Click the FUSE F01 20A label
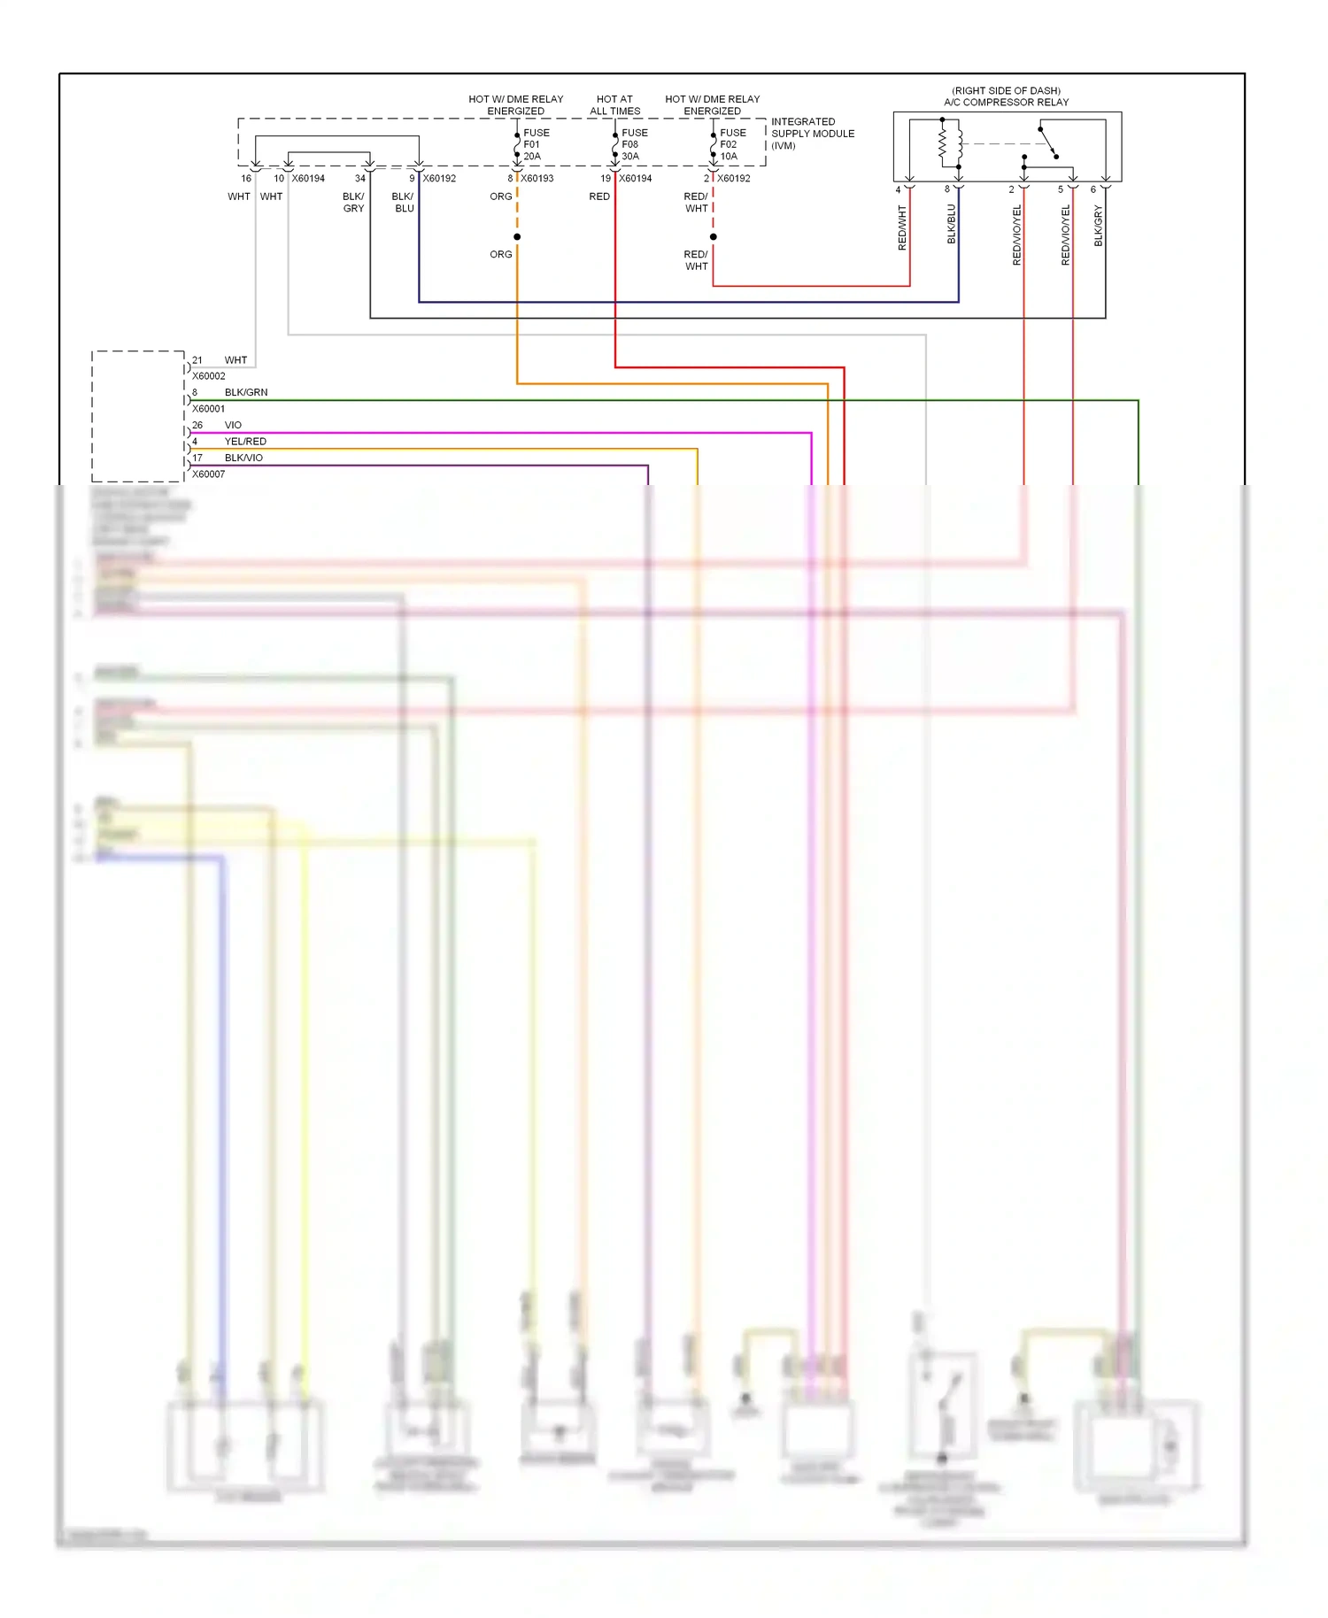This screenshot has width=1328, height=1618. (536, 144)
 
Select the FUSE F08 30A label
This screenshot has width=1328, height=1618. (634, 144)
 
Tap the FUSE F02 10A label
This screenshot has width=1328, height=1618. (732, 144)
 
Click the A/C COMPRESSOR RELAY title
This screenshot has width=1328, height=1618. (1006, 102)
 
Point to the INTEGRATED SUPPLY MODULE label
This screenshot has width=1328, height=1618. (812, 134)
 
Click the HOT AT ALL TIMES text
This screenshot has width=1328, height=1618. (614, 105)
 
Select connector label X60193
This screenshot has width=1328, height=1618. (537, 179)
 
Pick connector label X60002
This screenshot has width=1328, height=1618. (209, 376)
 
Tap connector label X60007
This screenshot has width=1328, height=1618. (209, 474)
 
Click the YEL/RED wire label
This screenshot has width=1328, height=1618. (245, 442)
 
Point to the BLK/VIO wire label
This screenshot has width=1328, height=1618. (243, 458)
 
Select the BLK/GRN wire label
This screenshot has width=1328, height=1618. (246, 392)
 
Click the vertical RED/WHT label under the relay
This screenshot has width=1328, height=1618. (903, 227)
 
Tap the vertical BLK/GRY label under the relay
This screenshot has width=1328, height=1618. (1099, 226)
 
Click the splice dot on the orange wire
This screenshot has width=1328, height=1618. (517, 237)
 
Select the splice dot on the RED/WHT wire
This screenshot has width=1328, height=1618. (713, 237)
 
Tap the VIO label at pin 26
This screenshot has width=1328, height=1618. (233, 425)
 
